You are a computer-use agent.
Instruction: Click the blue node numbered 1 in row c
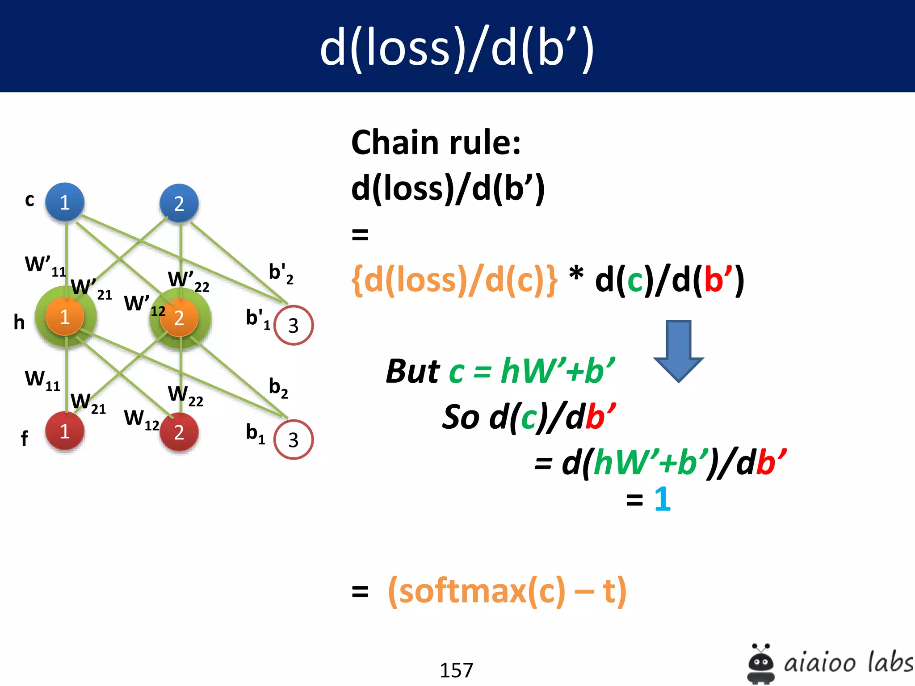pos(65,202)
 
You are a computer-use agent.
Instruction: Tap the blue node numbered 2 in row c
pos(179,204)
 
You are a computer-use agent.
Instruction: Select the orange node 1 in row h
pos(65,317)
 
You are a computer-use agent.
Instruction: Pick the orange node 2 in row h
pos(179,318)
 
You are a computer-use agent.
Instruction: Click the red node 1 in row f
pos(65,431)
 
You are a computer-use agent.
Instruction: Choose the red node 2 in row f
pos(179,432)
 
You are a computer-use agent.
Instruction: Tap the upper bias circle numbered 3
pos(293,325)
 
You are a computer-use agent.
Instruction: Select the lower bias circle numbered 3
pos(293,440)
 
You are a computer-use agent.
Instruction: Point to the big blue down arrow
pos(678,350)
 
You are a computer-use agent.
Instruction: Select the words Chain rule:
pos(436,142)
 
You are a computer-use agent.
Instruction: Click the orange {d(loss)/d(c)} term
pos(454,280)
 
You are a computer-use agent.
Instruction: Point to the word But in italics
pos(413,371)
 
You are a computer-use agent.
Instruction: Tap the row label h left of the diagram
pos(19,322)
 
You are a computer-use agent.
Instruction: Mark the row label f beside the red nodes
pos(24,438)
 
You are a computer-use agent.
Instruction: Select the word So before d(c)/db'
pos(462,417)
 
